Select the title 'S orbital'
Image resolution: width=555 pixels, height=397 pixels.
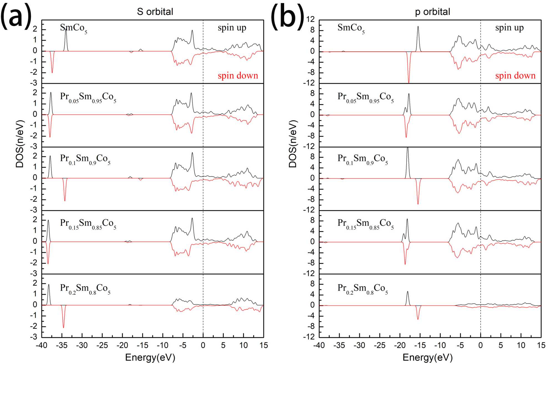tap(155, 12)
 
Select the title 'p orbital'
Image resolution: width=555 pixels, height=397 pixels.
tap(432, 12)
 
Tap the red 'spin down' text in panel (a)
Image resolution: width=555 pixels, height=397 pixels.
tap(238, 76)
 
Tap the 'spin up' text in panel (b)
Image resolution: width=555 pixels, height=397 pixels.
tap(509, 28)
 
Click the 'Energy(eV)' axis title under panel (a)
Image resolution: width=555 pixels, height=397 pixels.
tap(150, 357)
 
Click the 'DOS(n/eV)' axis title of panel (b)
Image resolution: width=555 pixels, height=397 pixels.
tap(293, 144)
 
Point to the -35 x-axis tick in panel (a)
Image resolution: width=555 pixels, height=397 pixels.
tap(62, 345)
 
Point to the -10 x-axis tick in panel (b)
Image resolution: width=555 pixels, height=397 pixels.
tap(440, 345)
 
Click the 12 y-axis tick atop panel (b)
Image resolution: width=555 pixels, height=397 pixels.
tap(311, 19)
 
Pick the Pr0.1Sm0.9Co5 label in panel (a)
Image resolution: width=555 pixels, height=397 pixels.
tap(85, 159)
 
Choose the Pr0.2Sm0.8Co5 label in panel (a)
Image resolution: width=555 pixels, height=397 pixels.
tap(85, 288)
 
